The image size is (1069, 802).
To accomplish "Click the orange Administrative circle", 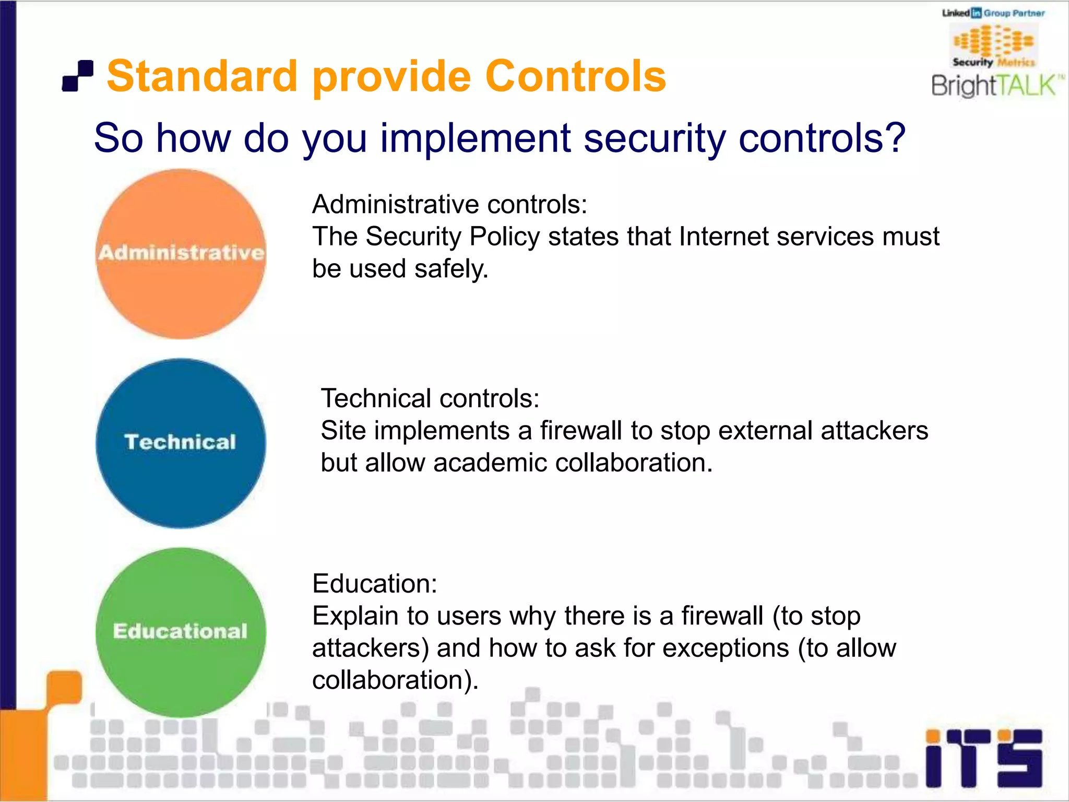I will point(181,254).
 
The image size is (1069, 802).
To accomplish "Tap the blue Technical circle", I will point(181,443).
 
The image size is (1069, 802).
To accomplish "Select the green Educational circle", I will point(181,632).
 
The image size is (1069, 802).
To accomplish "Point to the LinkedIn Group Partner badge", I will point(993,13).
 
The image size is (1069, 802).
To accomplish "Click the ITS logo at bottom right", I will point(983,758).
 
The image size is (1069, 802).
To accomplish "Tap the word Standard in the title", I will point(203,76).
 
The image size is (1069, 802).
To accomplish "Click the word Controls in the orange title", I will point(575,76).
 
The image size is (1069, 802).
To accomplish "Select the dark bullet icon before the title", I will point(78,76).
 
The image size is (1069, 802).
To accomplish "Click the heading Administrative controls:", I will point(449,204).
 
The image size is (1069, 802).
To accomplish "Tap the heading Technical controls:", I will point(430,398).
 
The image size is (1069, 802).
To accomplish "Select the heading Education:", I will point(374,583).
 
